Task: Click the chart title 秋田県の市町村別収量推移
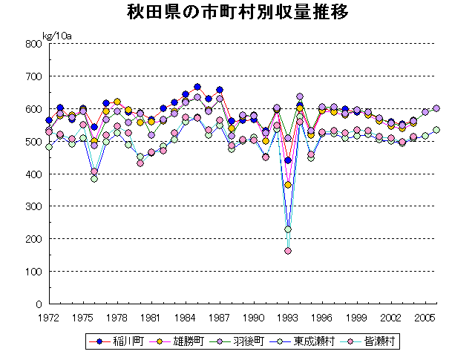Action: [237, 13]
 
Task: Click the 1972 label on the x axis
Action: [49, 317]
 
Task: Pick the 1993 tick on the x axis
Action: [288, 317]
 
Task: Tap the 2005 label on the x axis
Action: [425, 317]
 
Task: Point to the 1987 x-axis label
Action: [220, 317]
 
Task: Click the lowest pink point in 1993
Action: [288, 251]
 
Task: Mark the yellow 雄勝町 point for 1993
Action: [288, 185]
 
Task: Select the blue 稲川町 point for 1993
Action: [288, 160]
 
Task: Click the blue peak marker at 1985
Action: [197, 87]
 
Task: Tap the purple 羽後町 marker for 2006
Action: [436, 108]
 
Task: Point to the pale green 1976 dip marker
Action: [94, 179]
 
